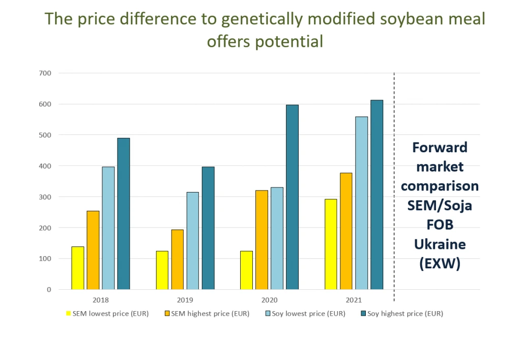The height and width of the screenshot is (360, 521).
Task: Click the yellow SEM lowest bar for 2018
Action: (x=78, y=268)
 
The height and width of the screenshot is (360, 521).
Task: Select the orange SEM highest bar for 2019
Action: (x=178, y=260)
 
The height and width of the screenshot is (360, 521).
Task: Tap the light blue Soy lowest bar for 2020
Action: (x=277, y=238)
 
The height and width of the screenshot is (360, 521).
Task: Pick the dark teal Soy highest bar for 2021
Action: (x=377, y=195)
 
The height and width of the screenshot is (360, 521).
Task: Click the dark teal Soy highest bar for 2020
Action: (x=293, y=197)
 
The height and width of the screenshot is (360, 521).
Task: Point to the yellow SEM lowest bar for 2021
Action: (x=331, y=244)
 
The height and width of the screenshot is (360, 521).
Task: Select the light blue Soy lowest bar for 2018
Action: (x=108, y=228)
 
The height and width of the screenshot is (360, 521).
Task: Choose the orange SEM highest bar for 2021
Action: (x=346, y=231)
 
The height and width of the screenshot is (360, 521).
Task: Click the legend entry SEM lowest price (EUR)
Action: (x=107, y=314)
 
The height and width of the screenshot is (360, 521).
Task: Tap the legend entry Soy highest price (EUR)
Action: (x=402, y=314)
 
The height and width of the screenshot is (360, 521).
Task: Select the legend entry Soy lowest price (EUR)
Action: (x=306, y=314)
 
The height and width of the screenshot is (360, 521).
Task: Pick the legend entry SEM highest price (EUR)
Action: (x=207, y=314)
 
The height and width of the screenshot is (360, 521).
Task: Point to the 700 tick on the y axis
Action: (x=45, y=73)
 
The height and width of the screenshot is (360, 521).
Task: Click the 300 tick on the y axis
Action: (x=45, y=197)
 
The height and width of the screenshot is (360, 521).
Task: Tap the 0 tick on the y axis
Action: (x=49, y=290)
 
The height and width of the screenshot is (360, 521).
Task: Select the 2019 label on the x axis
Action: (x=185, y=300)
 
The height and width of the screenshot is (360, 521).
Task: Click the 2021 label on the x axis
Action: (x=354, y=300)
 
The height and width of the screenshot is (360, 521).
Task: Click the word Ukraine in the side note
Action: (x=440, y=244)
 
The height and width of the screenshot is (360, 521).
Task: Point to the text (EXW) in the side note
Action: (x=440, y=264)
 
